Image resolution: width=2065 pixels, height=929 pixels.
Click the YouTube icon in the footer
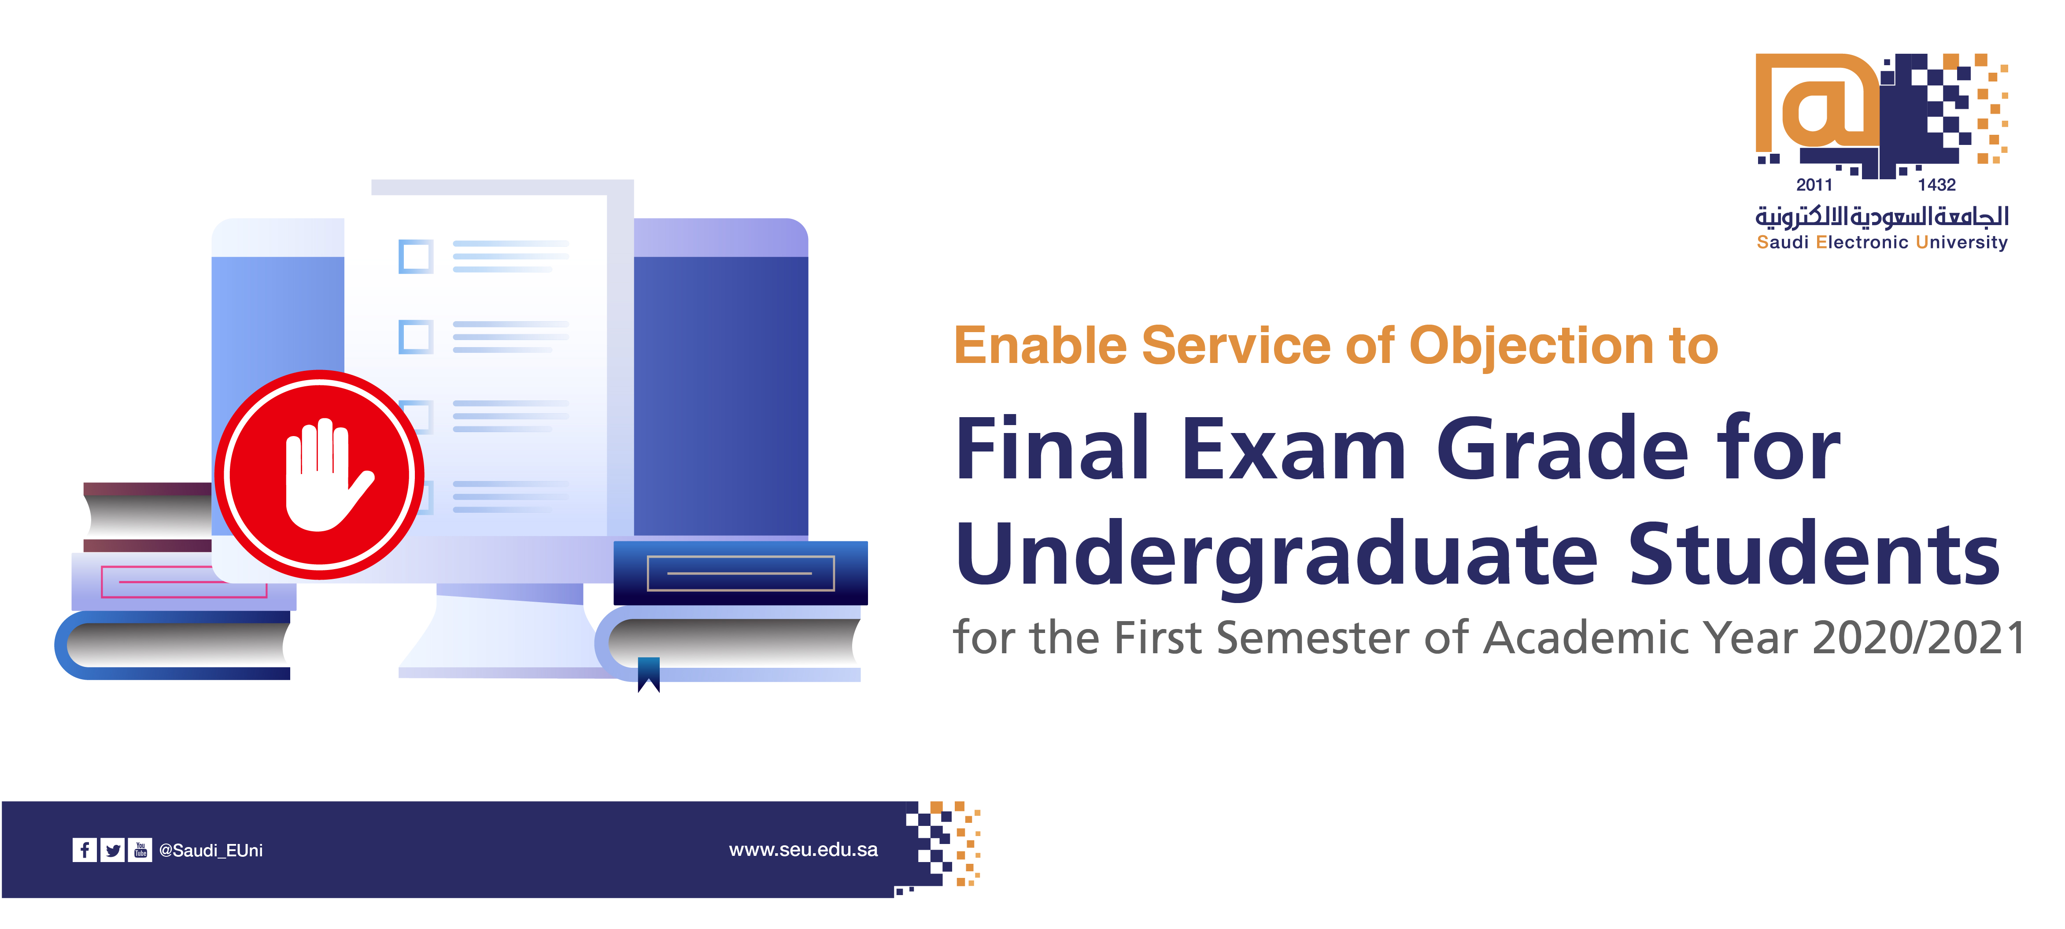click(x=140, y=850)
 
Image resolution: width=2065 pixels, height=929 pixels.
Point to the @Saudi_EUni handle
click(x=211, y=851)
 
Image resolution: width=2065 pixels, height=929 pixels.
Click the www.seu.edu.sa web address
click(x=803, y=850)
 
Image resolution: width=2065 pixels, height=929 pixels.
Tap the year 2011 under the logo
click(x=1814, y=185)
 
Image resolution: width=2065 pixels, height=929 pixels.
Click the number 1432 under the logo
click(x=1937, y=185)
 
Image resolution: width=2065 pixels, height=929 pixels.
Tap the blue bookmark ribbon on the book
click(x=649, y=674)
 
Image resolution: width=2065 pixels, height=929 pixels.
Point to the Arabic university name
click(x=1881, y=216)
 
